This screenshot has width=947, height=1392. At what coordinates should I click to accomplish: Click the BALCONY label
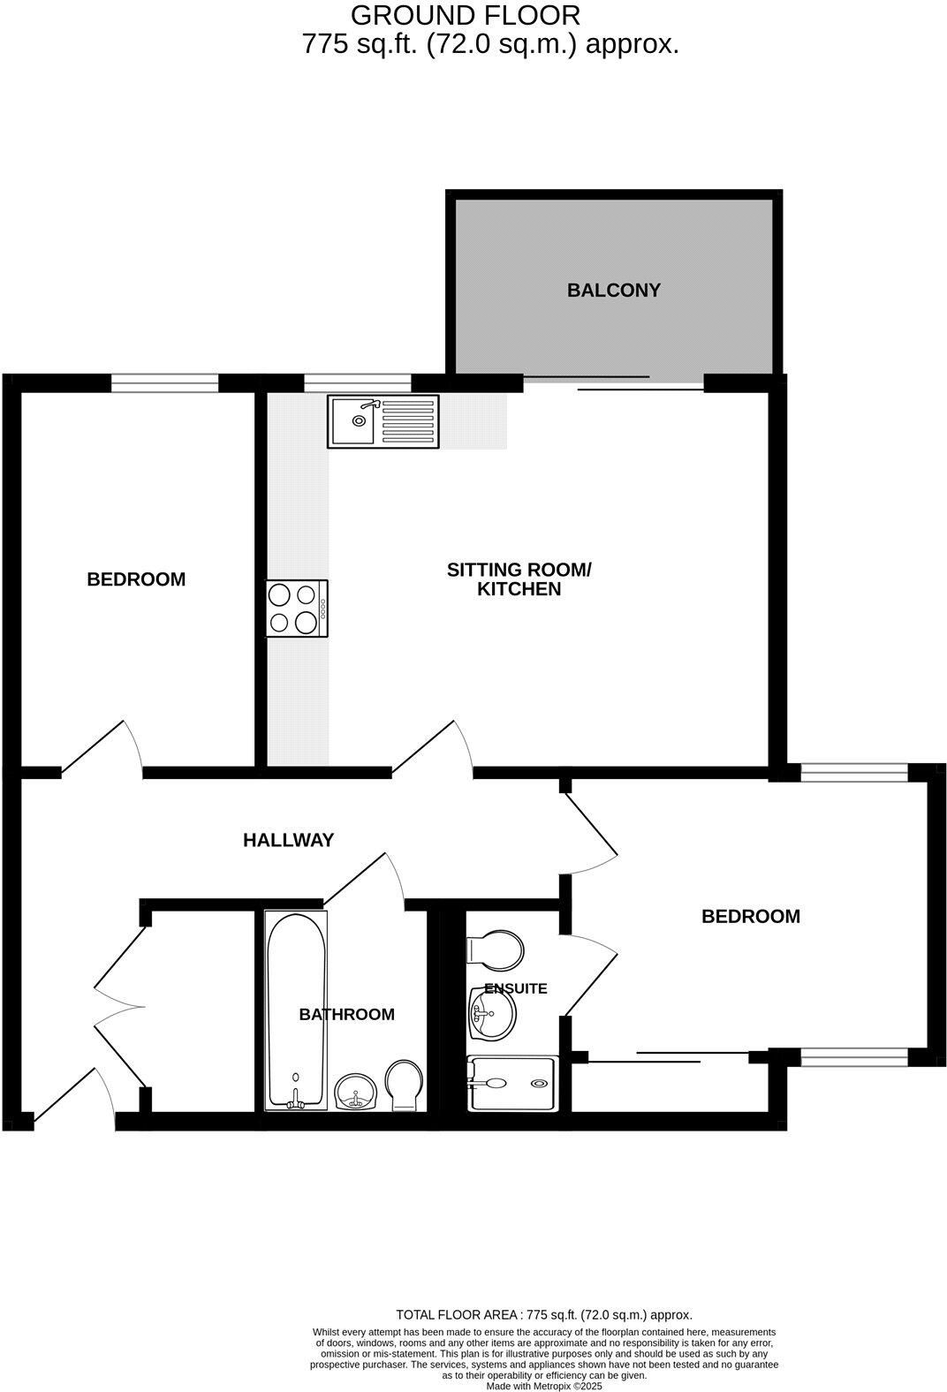[613, 291]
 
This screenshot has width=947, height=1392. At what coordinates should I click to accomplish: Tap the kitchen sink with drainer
[383, 420]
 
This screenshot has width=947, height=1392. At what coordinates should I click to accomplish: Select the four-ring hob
[297, 609]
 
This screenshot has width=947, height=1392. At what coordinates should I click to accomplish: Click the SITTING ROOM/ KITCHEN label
[519, 579]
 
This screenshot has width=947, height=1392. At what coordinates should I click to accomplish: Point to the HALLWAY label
[288, 840]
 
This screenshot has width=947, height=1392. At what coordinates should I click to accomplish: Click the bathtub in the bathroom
[296, 1010]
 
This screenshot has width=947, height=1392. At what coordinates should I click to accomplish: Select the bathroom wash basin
[357, 1092]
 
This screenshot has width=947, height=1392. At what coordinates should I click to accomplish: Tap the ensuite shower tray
[512, 1083]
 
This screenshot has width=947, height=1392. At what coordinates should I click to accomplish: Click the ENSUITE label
[516, 988]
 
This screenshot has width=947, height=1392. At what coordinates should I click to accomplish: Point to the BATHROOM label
[346, 1015]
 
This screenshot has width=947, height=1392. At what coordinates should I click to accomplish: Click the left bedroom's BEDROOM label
[136, 579]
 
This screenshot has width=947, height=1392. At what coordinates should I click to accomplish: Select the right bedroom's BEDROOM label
[750, 917]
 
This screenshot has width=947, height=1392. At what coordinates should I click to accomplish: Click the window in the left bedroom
[164, 382]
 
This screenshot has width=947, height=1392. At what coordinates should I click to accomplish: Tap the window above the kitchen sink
[357, 382]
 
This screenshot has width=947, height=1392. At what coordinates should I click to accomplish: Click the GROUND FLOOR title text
[466, 15]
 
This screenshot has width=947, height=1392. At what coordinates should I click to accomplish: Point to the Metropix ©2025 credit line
[544, 1387]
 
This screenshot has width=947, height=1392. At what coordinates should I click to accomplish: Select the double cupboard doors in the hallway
[119, 1007]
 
